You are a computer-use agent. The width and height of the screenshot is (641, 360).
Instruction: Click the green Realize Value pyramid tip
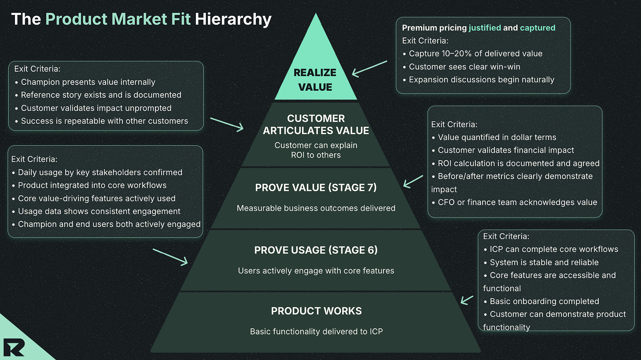click(315, 75)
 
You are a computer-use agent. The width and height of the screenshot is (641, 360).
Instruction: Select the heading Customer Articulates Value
click(316, 125)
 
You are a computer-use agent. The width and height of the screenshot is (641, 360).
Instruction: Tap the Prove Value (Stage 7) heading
click(316, 188)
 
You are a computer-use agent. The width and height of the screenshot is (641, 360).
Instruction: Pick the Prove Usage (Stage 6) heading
click(316, 250)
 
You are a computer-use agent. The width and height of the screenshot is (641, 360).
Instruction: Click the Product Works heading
click(316, 311)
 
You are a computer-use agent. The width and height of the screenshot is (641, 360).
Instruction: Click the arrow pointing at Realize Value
click(369, 68)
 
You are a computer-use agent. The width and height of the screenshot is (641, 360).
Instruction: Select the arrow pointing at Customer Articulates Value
click(227, 124)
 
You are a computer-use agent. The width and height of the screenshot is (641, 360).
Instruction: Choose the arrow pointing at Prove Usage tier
click(170, 257)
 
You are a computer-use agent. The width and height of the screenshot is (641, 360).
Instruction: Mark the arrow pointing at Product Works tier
click(467, 300)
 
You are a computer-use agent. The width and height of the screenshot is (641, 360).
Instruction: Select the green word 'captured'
click(538, 28)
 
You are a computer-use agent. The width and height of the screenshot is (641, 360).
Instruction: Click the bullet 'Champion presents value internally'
click(88, 82)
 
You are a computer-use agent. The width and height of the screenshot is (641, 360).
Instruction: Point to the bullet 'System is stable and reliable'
click(544, 262)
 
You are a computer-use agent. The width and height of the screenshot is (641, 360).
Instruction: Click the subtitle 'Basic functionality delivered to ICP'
click(316, 331)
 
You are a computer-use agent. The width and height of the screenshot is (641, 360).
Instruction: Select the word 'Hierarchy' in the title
click(233, 19)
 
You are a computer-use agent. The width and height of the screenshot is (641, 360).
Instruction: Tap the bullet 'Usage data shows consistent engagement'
click(99, 211)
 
